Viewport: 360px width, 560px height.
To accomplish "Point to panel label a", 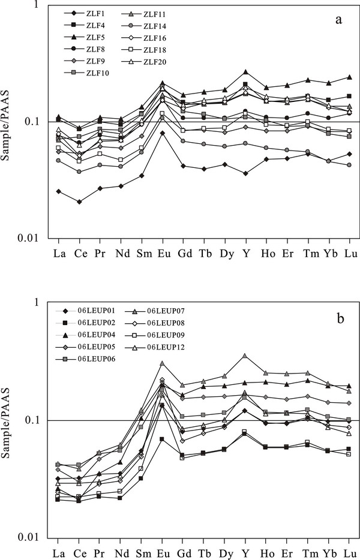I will tap(338, 20).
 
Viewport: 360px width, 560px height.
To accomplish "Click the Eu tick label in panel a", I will tap(162, 252).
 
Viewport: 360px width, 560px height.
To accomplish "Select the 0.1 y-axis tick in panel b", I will tap(46, 420).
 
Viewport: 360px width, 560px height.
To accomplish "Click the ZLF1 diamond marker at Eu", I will tap(162, 133).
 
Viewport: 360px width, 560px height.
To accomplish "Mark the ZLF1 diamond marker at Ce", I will tap(79, 201).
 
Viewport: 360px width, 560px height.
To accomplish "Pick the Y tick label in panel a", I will tap(245, 252).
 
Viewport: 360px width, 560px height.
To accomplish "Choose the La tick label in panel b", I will tap(59, 552).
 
